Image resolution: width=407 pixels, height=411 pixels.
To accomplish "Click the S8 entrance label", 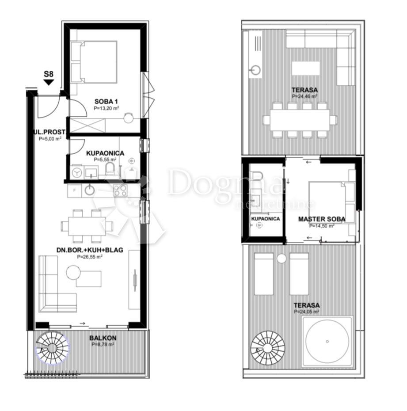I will click(49, 74).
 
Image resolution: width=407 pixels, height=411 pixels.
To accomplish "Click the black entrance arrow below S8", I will click(49, 82).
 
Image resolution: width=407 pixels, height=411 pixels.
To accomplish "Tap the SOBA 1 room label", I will click(105, 101).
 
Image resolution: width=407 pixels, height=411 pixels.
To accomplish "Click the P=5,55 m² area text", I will click(105, 160).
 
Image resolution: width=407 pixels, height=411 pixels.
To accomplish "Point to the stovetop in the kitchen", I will click(121, 190).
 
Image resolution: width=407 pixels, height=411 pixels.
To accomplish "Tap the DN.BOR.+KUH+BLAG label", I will click(90, 250).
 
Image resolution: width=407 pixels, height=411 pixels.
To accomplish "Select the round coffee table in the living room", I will click(73, 272).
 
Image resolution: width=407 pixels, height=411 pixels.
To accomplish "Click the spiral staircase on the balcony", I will click(52, 347).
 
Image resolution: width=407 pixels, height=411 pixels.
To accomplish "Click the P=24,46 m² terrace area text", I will click(304, 96).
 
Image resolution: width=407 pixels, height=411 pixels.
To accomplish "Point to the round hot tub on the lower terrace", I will click(327, 341).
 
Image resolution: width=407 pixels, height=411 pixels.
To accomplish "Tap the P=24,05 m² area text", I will click(306, 312).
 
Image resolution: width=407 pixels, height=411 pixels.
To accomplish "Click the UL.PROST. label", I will click(49, 132).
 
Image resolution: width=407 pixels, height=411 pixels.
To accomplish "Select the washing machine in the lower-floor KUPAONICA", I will click(76, 172).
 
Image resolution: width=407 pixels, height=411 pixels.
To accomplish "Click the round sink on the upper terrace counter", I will click(255, 70).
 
